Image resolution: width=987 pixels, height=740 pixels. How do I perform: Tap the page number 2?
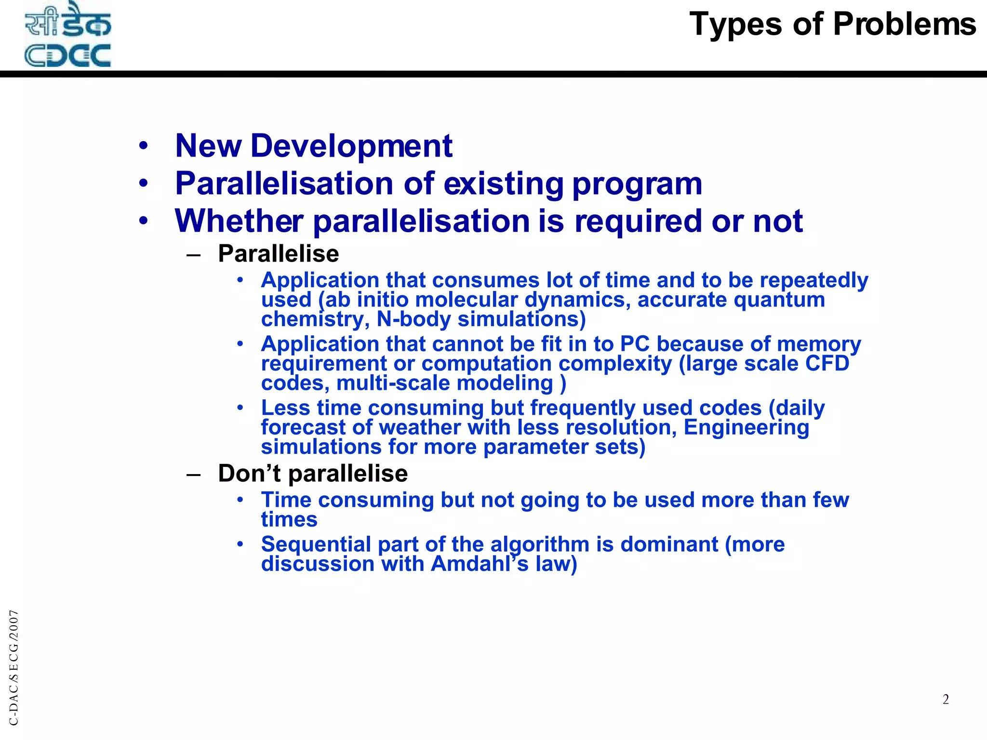click(946, 699)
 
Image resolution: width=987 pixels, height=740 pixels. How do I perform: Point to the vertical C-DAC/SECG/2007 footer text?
click(14, 667)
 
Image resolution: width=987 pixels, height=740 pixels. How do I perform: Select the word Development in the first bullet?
click(351, 145)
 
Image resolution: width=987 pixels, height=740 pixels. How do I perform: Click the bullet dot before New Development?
click(143, 145)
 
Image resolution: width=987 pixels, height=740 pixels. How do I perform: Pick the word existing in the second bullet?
click(503, 184)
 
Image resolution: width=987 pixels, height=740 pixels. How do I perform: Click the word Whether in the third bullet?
click(239, 221)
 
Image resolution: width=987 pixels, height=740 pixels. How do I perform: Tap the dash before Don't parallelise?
click(193, 475)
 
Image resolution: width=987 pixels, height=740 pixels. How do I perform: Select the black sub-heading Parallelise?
click(278, 253)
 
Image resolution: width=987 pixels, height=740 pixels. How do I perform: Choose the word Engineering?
click(746, 427)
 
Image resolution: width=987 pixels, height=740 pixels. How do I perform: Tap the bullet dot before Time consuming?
click(240, 500)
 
